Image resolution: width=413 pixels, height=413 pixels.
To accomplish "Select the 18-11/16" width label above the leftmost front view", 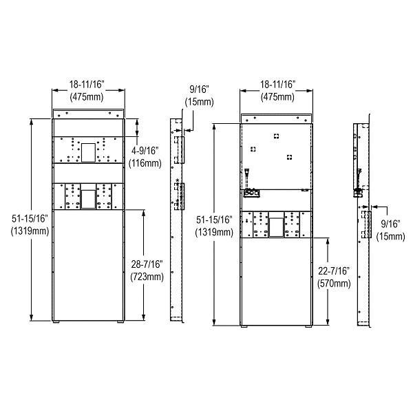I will point(88,84).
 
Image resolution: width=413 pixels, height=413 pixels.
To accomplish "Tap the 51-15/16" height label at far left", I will point(30,218).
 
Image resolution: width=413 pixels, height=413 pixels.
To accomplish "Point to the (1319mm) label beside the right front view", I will point(215,232).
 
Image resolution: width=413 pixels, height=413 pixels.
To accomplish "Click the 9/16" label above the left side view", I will point(200,89).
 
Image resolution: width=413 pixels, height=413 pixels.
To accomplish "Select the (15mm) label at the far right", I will point(392,236).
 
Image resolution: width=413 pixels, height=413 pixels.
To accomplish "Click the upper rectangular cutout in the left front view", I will point(88,151).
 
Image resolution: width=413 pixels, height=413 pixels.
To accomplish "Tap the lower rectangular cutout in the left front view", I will point(88,198).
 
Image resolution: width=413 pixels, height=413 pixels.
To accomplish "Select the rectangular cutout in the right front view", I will point(275,226).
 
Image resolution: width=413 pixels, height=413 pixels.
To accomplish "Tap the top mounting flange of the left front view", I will point(88,113).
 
